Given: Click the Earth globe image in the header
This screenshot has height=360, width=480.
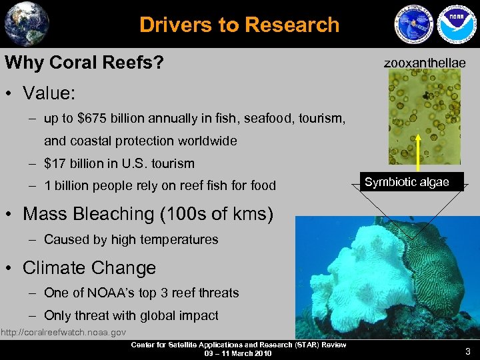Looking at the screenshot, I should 26,23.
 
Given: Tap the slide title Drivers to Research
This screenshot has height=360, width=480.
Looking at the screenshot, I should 239,25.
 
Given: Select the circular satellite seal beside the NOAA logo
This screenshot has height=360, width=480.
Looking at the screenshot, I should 413,26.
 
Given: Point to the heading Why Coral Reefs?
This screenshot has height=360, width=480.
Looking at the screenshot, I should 85,63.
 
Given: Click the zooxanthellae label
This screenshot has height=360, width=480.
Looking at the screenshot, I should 425,63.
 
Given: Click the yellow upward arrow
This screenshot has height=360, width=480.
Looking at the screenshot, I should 419,153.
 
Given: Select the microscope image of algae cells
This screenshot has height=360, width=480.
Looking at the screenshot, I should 425,117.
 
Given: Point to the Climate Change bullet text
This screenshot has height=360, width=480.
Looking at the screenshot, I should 89,268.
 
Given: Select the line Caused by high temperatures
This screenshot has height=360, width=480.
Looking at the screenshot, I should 131,239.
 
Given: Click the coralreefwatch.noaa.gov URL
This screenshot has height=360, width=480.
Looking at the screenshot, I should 63,332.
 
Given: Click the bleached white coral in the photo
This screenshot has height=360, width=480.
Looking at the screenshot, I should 340,280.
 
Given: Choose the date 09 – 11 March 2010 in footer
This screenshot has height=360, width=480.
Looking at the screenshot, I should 238,353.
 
